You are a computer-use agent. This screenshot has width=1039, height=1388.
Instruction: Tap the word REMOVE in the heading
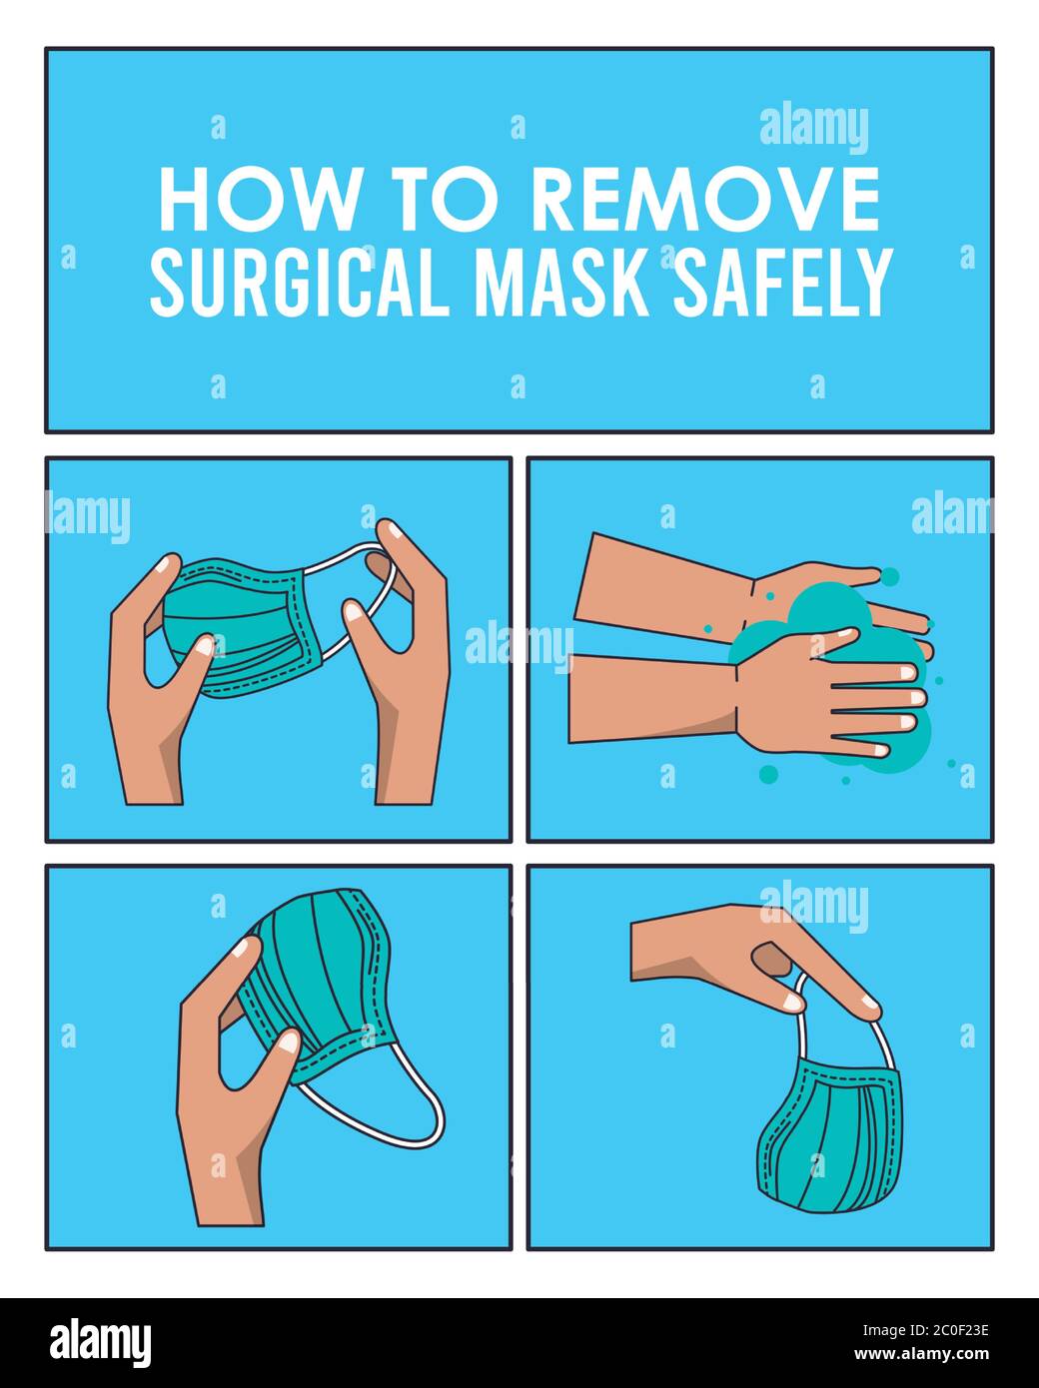[704, 200]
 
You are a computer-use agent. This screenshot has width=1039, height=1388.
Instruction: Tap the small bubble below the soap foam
[768, 773]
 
